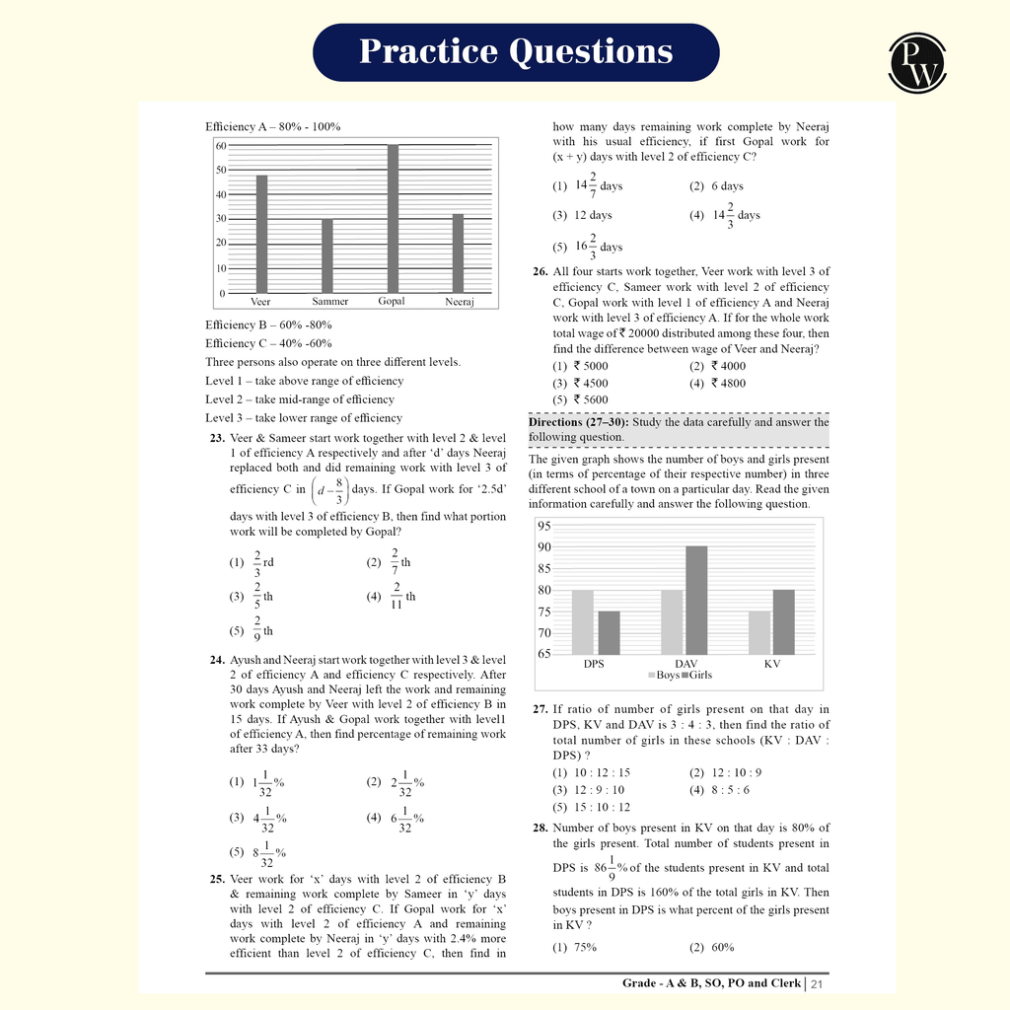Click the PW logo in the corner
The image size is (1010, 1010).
[x=917, y=62]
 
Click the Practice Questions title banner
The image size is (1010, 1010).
[x=516, y=51]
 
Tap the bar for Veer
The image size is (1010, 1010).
[x=261, y=234]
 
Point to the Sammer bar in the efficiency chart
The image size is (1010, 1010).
[x=326, y=255]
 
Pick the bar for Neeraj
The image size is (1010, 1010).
[x=458, y=253]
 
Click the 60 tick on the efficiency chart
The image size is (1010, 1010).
[x=221, y=146]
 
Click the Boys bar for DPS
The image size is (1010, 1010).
[x=583, y=621]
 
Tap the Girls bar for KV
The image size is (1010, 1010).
[x=784, y=621]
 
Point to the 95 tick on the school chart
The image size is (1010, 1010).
[x=544, y=526]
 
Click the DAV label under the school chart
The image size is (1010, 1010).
[x=685, y=664]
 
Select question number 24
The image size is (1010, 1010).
[x=217, y=660]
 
